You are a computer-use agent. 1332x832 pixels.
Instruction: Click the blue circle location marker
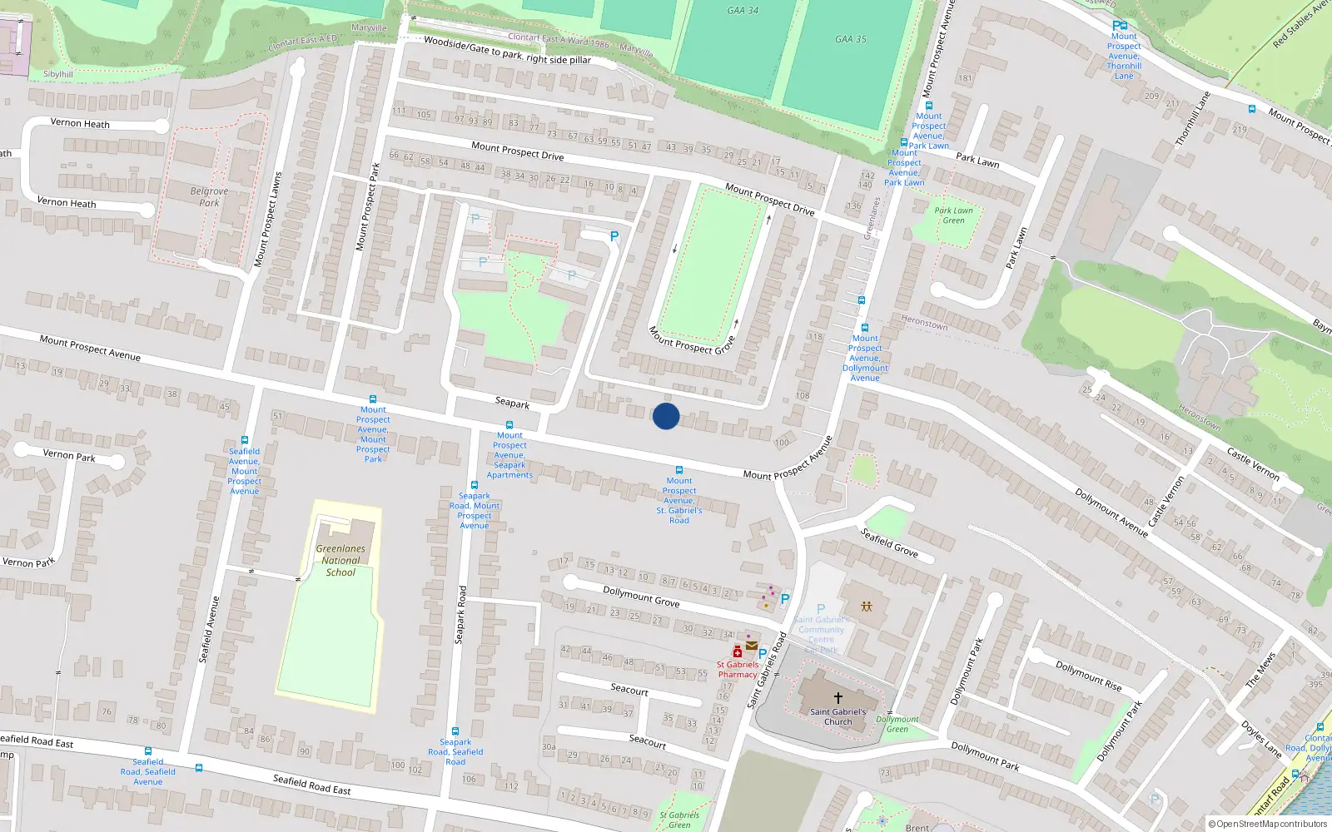point(666,416)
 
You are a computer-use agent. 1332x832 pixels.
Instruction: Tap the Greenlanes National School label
point(340,560)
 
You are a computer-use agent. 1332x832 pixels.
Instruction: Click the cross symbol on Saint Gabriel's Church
point(838,697)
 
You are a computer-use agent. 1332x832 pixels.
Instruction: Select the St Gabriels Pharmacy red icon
point(738,651)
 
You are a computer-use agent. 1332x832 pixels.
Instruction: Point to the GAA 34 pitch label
point(743,11)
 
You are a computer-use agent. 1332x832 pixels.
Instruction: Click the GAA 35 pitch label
point(851,39)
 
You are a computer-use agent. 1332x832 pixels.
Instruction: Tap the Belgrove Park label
point(209,196)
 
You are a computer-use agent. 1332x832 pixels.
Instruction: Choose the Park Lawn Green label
point(953,215)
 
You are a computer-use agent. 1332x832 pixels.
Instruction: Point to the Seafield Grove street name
point(889,542)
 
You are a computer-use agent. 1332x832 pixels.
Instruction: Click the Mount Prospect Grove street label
point(692,340)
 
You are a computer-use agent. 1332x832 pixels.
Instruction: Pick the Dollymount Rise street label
point(1088,676)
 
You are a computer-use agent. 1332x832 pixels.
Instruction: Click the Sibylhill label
point(58,74)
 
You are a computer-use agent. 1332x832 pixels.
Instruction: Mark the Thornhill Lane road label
point(1192,119)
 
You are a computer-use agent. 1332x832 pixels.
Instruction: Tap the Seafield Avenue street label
point(209,629)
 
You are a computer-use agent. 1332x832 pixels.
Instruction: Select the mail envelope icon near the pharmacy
point(752,646)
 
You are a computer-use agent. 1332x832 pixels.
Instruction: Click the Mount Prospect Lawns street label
point(268,219)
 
